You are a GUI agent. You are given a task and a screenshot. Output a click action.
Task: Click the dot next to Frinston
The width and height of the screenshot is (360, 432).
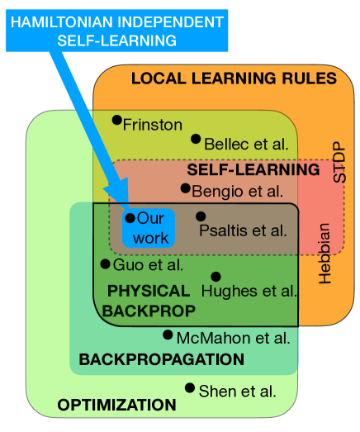(x=116, y=120)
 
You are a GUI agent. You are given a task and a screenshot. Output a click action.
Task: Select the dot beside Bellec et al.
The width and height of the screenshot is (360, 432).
(x=196, y=139)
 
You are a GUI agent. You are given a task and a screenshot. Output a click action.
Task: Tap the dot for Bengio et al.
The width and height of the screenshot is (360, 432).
(x=186, y=188)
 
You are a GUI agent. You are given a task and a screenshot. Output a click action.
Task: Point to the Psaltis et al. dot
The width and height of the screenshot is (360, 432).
(x=201, y=216)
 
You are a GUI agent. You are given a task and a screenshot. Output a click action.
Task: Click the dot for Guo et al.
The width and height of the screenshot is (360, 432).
(x=105, y=263)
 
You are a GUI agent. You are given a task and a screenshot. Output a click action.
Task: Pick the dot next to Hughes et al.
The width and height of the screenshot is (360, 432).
(x=216, y=277)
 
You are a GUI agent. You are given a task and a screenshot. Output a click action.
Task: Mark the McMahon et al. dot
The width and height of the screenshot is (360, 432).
(x=168, y=335)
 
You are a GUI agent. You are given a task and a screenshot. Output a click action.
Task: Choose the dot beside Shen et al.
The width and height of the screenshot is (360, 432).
(x=190, y=387)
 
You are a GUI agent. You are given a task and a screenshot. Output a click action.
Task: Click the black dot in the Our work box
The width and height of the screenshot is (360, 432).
(x=130, y=217)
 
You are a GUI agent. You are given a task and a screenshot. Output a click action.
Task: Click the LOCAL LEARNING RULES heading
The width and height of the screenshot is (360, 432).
(x=234, y=78)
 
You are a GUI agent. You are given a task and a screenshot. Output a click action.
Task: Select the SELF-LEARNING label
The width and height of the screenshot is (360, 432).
(x=253, y=169)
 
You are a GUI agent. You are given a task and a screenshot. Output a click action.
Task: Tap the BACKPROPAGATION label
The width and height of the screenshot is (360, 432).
(x=161, y=359)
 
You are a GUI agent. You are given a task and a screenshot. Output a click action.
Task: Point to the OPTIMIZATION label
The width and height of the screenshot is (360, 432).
(x=116, y=405)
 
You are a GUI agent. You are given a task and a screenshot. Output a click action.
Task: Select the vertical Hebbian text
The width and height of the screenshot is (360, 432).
(x=324, y=253)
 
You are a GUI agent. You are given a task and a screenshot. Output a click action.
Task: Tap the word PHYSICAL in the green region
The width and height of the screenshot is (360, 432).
(x=148, y=291)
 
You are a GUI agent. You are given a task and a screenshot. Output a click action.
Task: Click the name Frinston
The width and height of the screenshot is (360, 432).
(x=152, y=125)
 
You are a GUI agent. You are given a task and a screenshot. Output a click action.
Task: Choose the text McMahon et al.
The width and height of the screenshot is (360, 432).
(x=233, y=337)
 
